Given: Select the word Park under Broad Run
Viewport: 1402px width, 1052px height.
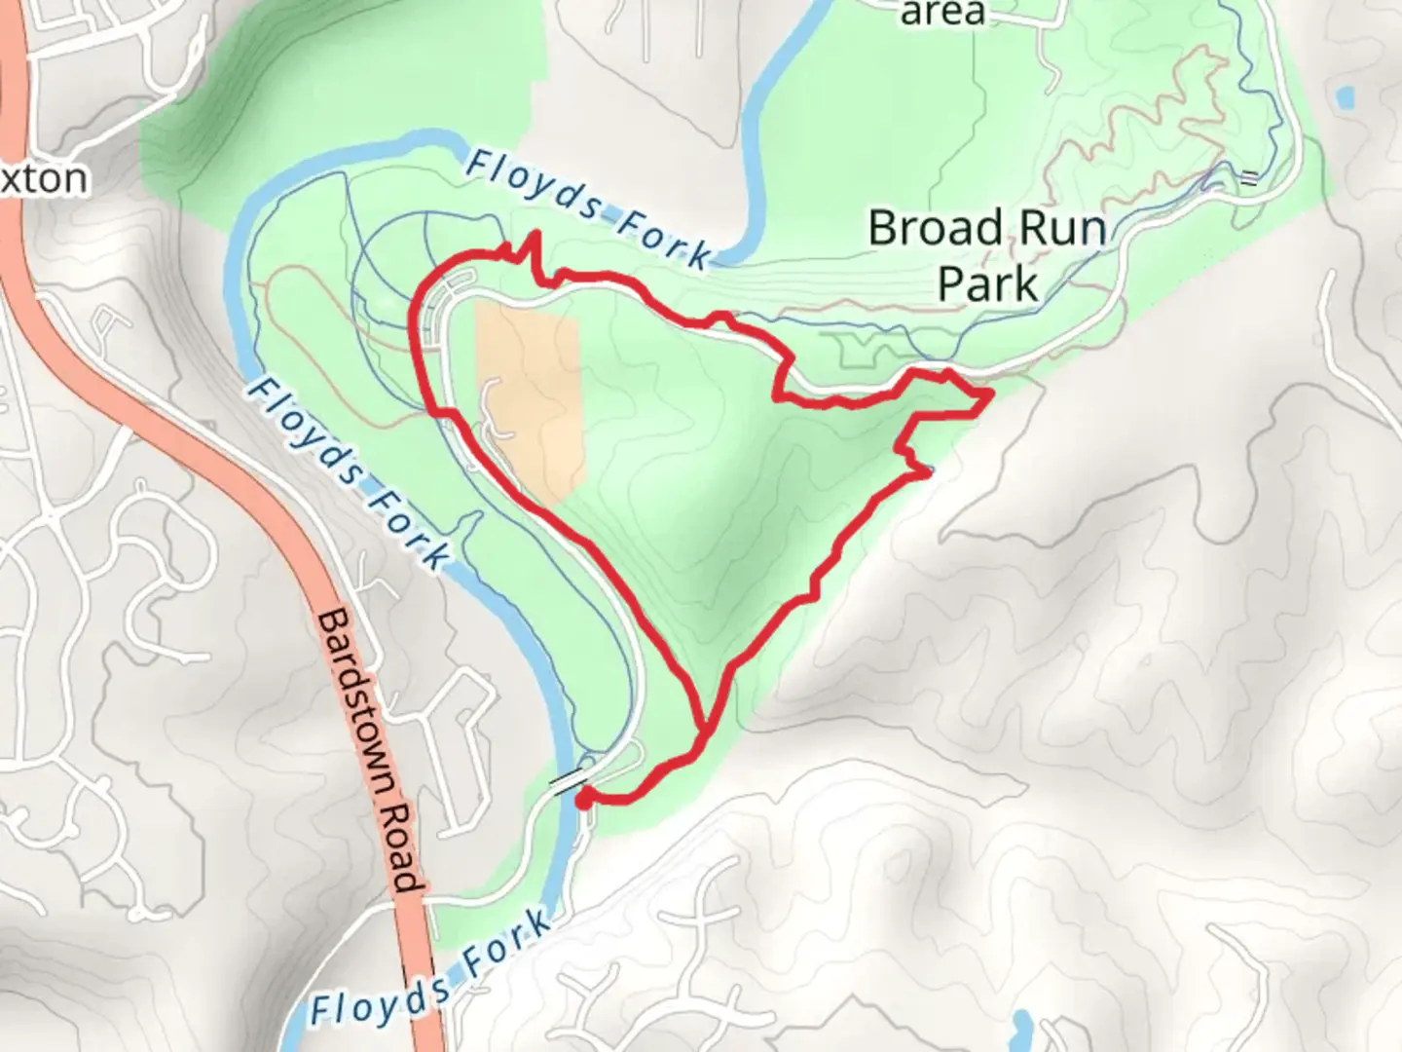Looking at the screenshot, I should pyautogui.click(x=988, y=284).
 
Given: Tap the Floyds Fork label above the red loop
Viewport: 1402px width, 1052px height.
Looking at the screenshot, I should pyautogui.click(x=589, y=209).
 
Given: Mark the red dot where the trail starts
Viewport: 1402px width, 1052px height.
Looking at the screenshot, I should pyautogui.click(x=583, y=801).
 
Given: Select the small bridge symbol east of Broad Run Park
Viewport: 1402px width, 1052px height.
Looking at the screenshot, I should pyautogui.click(x=1248, y=177).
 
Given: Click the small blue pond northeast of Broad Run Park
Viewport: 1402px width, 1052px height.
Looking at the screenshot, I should pyautogui.click(x=1346, y=97).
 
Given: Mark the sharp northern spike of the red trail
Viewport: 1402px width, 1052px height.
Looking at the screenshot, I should pyautogui.click(x=533, y=236).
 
